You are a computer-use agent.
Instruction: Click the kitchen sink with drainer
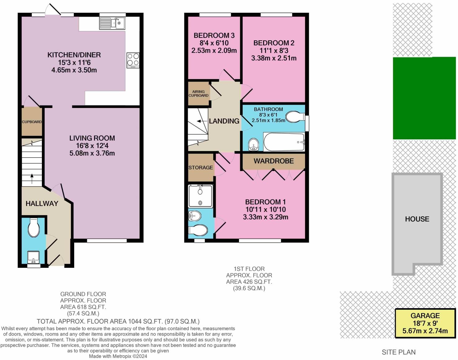coord(112,23)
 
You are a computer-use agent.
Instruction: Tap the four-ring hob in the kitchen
coord(133,60)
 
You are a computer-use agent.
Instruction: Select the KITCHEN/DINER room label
coord(74,55)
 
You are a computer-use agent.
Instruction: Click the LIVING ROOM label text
coord(92,138)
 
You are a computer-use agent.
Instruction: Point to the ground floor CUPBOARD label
coord(32,122)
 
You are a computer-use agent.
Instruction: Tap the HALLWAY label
coord(42,204)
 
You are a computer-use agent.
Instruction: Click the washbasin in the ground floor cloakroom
coord(33,257)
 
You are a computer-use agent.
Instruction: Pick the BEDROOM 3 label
coord(214,35)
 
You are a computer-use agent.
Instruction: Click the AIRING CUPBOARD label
coord(199,93)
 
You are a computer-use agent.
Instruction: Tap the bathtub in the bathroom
coord(284,142)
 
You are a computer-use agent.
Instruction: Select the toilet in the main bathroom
coord(295,117)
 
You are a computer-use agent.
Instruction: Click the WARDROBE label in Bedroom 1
coord(274,161)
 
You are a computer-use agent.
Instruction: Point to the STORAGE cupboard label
coord(201,168)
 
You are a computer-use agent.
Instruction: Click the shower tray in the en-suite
coord(200,196)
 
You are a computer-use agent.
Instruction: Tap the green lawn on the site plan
coord(424,98)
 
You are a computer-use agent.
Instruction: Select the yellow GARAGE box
coord(425,323)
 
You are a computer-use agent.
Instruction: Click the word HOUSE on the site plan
coord(417,219)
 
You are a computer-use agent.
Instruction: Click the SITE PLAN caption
coord(398,352)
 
